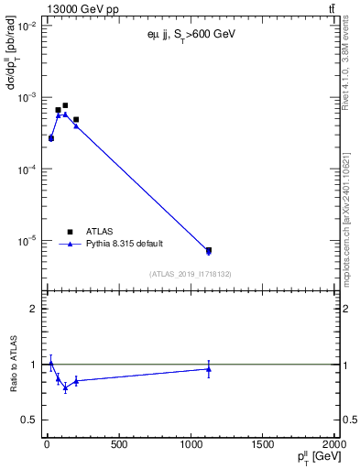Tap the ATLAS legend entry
[101, 232]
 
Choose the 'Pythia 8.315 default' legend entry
[122, 245]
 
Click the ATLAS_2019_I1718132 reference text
[191, 273]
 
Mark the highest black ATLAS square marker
[65, 105]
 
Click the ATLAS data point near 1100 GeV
[209, 250]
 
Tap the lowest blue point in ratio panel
[65, 387]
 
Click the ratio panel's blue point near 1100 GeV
[209, 369]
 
